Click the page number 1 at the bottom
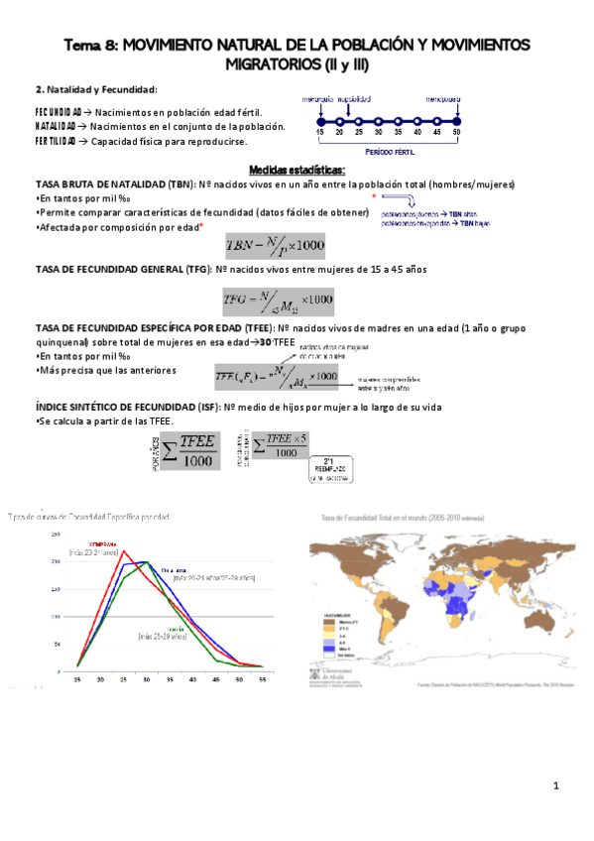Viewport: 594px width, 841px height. pos(557,786)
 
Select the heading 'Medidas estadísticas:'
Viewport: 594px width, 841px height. pos(297,170)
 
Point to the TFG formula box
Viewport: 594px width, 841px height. pos(278,300)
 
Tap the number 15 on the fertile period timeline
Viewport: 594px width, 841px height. pos(320,132)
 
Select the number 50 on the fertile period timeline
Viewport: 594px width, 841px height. pos(456,132)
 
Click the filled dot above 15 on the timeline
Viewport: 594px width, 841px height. pos(320,115)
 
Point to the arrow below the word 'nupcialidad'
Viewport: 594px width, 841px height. pos(354,107)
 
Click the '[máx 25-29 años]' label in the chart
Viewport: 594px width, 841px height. pos(163,635)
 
